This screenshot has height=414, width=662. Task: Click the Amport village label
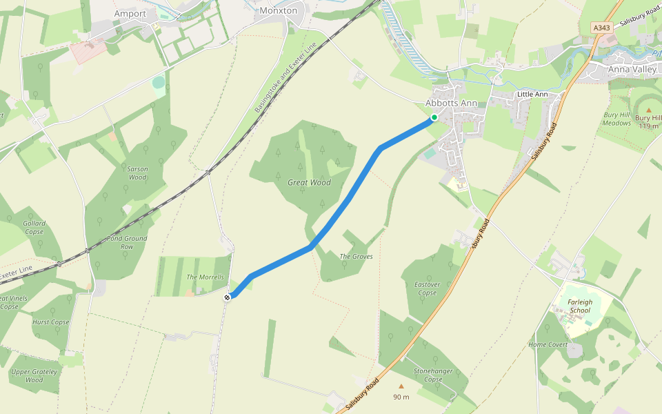click(130, 14)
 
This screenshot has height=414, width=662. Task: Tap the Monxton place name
click(278, 10)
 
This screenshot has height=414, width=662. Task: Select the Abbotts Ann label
click(451, 103)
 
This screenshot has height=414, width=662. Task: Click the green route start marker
click(434, 118)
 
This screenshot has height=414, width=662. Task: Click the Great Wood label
click(309, 183)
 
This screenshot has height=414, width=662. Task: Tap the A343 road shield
click(601, 28)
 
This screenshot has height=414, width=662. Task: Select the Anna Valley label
click(633, 70)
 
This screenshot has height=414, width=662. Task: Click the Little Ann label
click(532, 94)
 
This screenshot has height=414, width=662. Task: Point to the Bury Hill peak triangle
click(648, 110)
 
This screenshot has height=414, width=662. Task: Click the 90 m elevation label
click(401, 397)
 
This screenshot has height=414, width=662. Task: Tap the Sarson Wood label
click(137, 172)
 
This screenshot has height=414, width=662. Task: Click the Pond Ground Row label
click(126, 242)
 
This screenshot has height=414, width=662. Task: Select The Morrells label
click(205, 277)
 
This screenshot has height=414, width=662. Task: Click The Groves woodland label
click(356, 257)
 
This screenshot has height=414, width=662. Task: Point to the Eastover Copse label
click(428, 288)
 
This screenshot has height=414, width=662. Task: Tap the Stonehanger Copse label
click(432, 375)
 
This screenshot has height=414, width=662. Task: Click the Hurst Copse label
click(51, 322)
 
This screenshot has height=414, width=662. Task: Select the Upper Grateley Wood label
click(34, 375)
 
